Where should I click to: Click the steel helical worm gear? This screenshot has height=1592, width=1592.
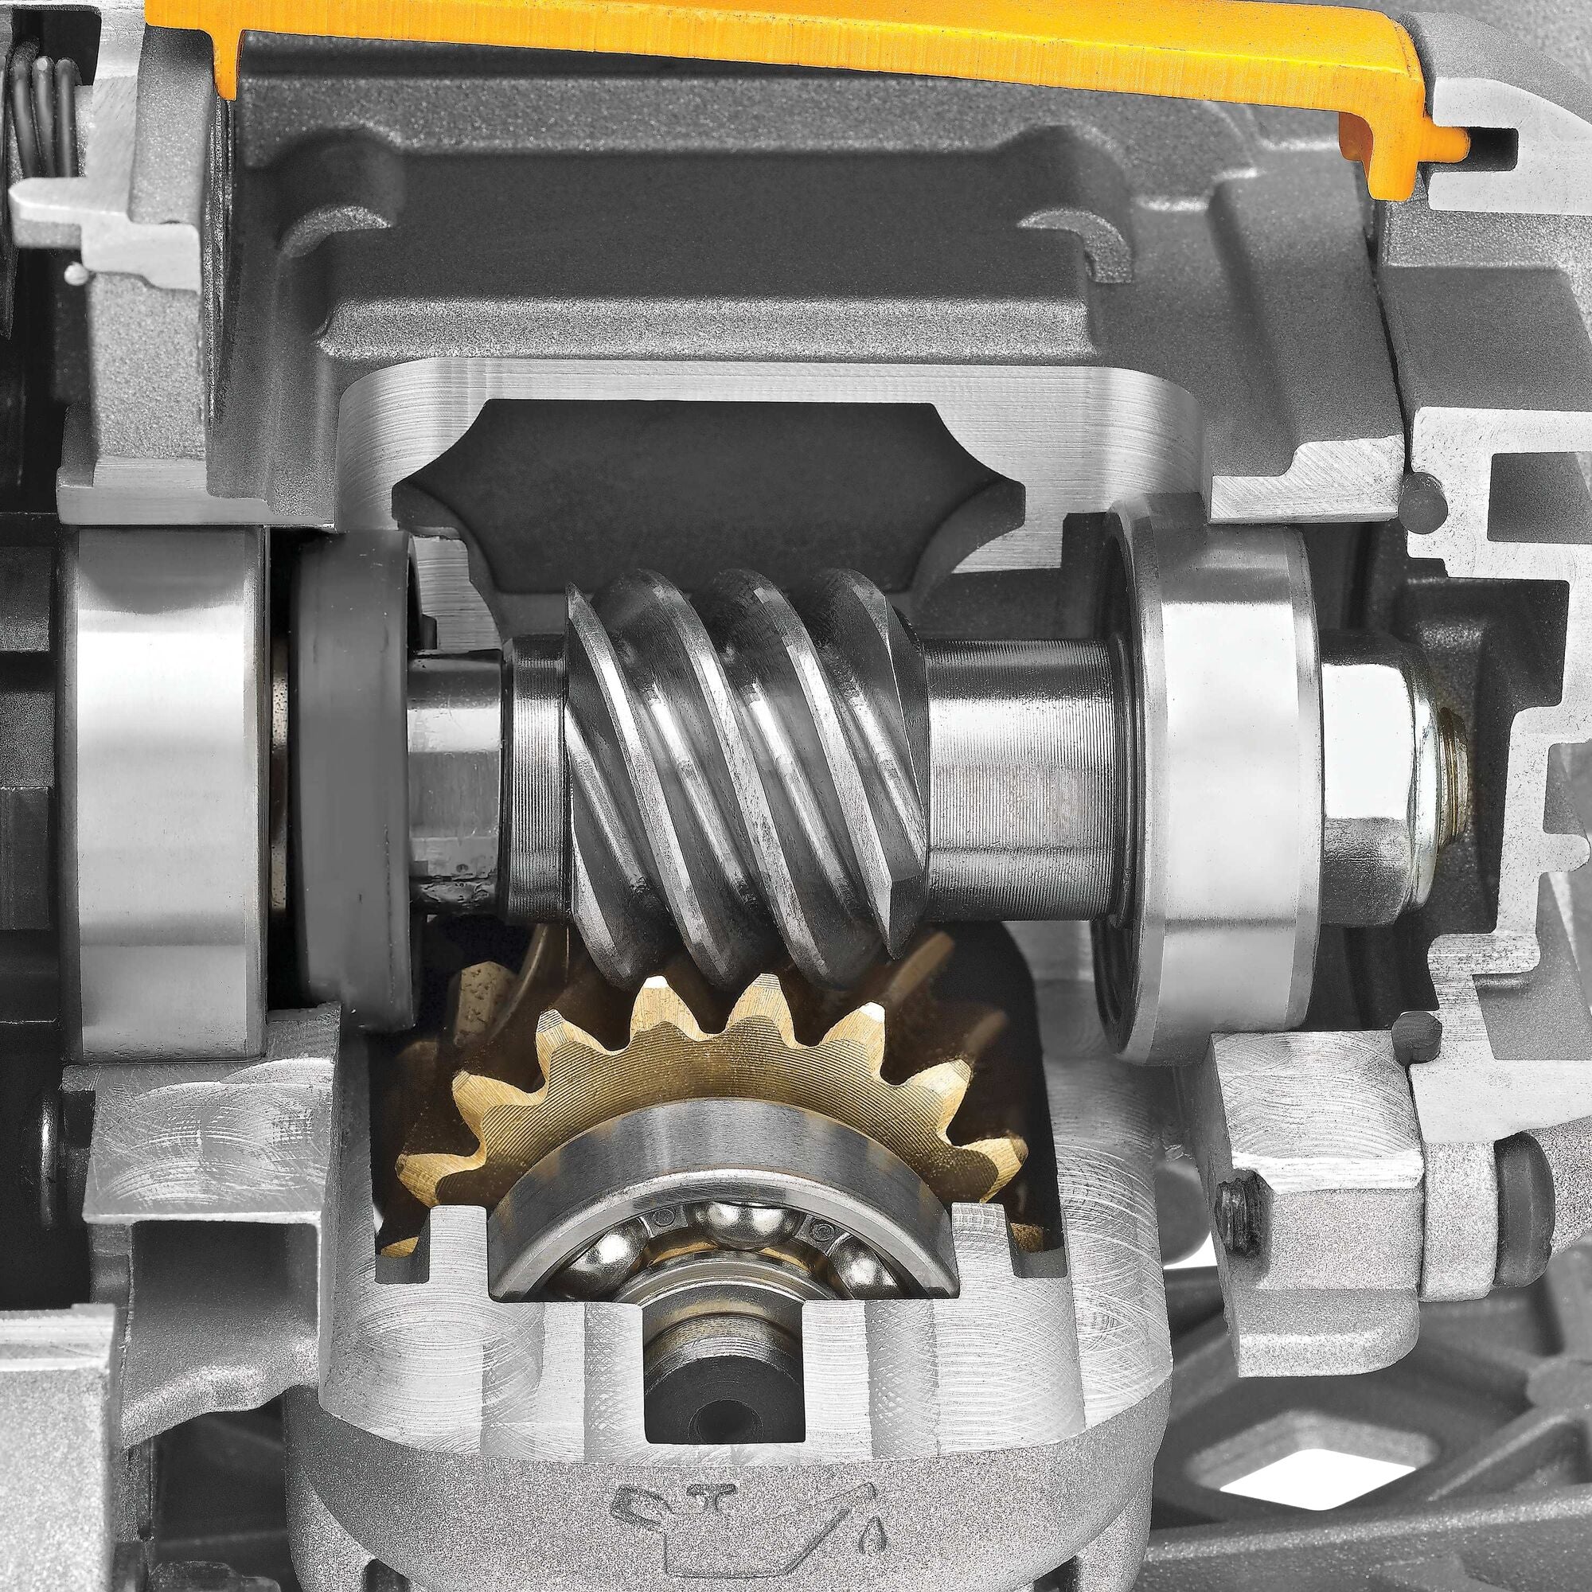[x=742, y=767]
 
